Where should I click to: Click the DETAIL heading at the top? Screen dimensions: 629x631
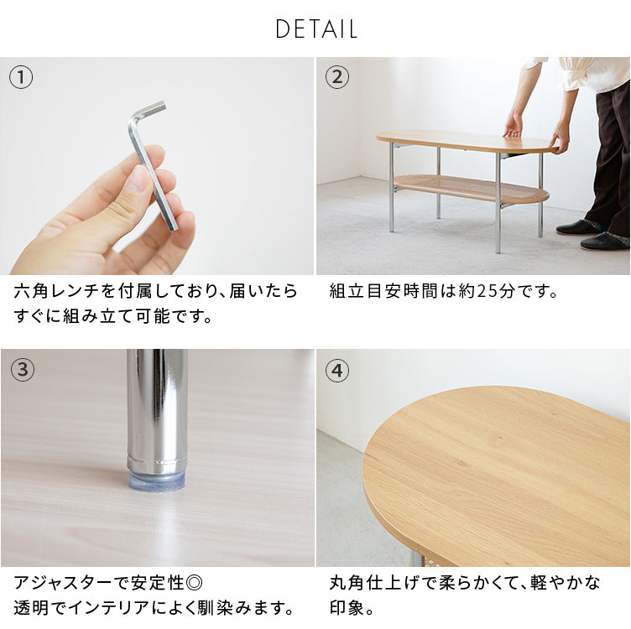pos(316,29)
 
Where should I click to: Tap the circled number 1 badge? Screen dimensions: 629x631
pos(21,78)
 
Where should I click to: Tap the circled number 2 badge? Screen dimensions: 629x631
pos(336,78)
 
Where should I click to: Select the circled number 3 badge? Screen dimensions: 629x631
pos(21,370)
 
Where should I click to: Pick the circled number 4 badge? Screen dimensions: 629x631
pos(336,370)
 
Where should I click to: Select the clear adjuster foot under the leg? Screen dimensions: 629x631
pos(157,481)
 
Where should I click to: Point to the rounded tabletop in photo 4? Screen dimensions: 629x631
pos(495,474)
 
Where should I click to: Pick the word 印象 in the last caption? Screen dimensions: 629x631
pos(347,607)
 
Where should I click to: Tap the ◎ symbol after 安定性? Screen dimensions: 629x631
pos(194,583)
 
